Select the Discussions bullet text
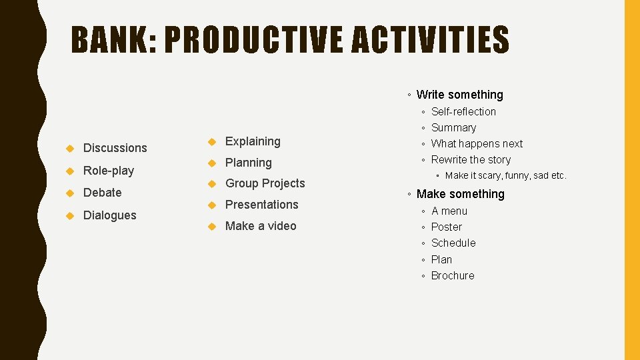click(115, 148)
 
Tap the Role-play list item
click(109, 171)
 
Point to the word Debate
click(103, 193)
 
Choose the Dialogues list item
click(109, 215)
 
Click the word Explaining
click(253, 141)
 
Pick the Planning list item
click(249, 163)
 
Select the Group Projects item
click(265, 183)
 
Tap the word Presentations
click(261, 205)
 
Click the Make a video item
click(261, 226)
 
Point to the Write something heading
click(459, 95)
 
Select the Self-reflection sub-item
click(463, 111)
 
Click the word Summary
click(453, 127)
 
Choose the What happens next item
click(477, 143)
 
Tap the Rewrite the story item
click(471, 159)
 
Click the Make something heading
click(460, 194)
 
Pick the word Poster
click(446, 227)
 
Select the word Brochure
click(453, 275)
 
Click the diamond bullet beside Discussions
click(69, 148)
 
